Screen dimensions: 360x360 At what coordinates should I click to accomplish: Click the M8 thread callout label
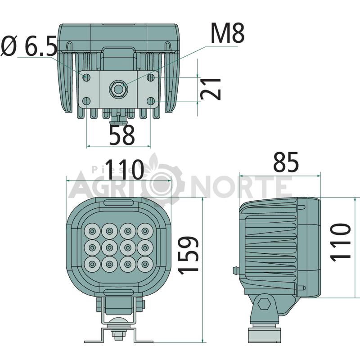coord(227,33)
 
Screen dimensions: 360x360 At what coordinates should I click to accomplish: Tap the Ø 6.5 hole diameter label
coord(29,46)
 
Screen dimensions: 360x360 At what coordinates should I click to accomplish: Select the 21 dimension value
coord(211,89)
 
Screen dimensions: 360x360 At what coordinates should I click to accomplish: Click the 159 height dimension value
coord(188,255)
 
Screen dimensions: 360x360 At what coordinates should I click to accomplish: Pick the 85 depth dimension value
coord(286,162)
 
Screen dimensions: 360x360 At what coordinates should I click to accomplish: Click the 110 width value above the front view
coord(125,170)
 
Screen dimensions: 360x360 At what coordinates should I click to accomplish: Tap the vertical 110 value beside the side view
coord(341,243)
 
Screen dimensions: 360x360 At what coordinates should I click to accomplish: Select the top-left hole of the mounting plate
coord(86,77)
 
